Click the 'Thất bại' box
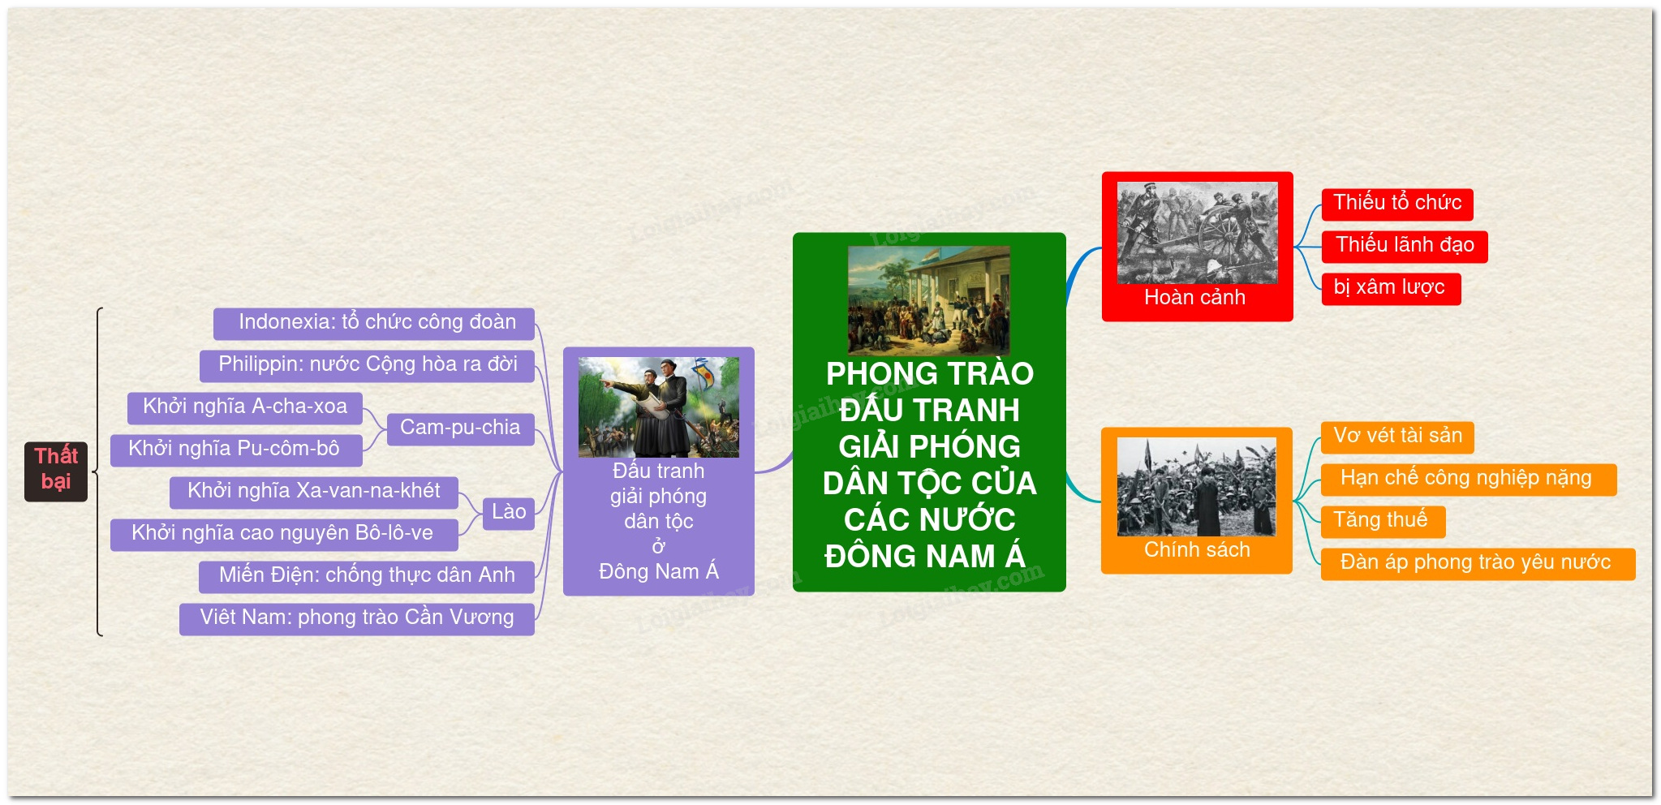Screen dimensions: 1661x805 click(56, 471)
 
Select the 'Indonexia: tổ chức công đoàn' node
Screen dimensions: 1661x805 click(374, 323)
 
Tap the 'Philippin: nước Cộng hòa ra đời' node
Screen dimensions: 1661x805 click(367, 365)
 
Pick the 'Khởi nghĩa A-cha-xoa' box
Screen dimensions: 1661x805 click(245, 407)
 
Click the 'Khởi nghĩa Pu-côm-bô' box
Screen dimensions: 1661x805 click(236, 450)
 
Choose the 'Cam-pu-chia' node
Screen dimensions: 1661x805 click(460, 428)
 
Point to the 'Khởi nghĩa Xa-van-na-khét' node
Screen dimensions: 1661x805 click(314, 492)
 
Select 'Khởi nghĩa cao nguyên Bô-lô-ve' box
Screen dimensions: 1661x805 click(284, 534)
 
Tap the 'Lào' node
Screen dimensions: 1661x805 click(509, 513)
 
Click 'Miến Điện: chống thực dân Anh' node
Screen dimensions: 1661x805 click(367, 576)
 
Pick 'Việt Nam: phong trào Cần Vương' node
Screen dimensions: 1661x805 click(357, 618)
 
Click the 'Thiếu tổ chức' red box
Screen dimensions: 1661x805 click(1397, 204)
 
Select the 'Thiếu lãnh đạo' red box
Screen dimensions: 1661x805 click(1405, 246)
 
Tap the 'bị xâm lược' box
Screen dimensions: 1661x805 click(1391, 288)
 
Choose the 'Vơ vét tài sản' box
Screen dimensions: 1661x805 click(1397, 437)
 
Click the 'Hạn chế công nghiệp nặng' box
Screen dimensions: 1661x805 click(1469, 479)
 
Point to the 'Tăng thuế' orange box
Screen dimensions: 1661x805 click(1383, 521)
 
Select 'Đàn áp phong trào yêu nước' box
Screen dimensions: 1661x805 click(1478, 563)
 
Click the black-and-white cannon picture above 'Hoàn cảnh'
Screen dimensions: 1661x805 click(1197, 233)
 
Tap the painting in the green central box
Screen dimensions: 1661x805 click(929, 300)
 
